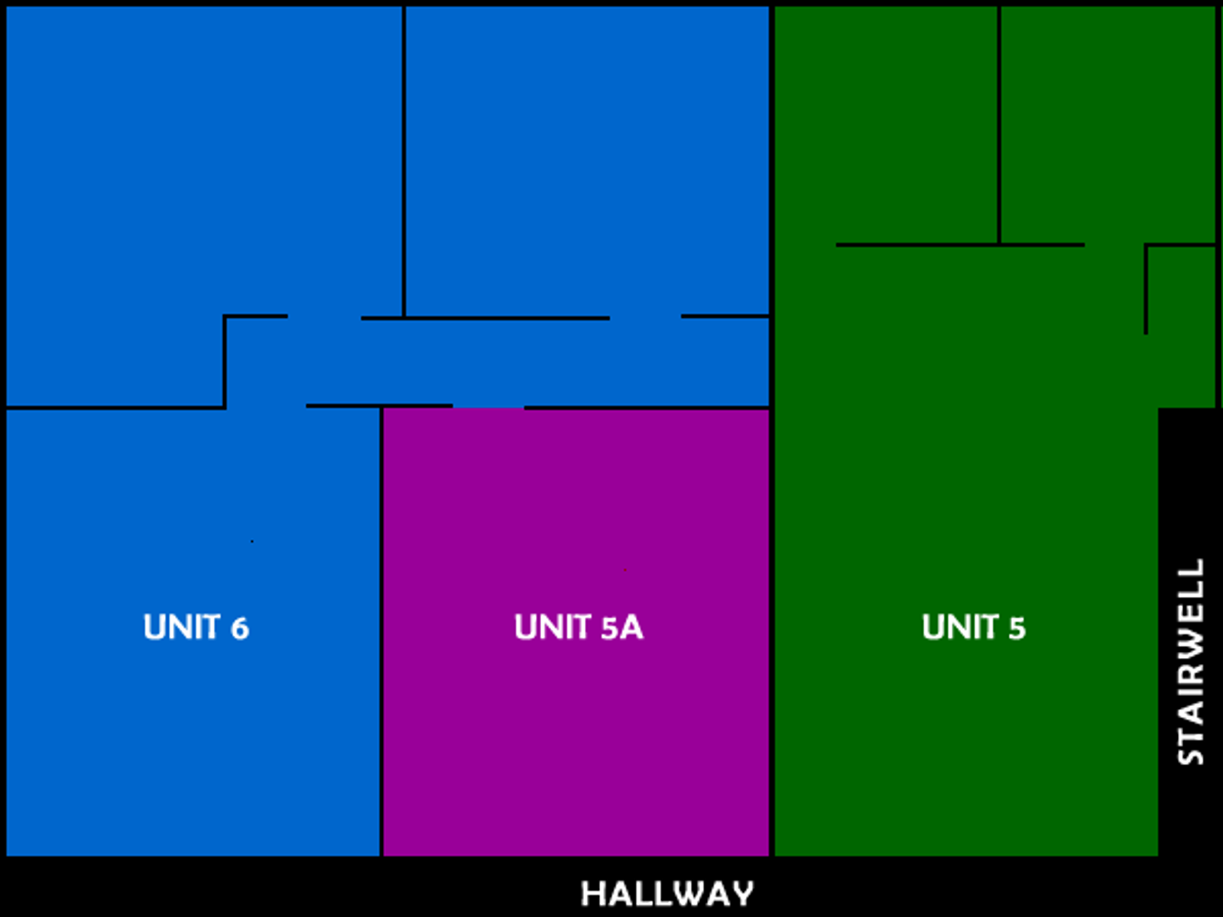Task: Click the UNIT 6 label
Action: point(196,627)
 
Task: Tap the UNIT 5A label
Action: point(579,627)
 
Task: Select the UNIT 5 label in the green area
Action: point(973,627)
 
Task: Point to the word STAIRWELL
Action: point(1191,662)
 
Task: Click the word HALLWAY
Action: point(667,894)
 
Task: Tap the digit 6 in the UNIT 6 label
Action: point(240,628)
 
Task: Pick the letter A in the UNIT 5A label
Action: point(632,627)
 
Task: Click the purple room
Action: point(576,633)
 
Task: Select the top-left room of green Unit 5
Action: point(886,125)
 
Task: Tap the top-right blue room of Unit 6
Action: point(587,161)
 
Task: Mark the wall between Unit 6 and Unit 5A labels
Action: point(381,631)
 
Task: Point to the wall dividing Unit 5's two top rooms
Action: point(1000,125)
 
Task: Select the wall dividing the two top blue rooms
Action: point(404,161)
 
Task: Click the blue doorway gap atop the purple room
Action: point(488,407)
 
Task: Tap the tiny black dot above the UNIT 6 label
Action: point(251,541)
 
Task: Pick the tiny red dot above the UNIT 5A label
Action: point(625,570)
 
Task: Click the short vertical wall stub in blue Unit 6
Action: point(225,362)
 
